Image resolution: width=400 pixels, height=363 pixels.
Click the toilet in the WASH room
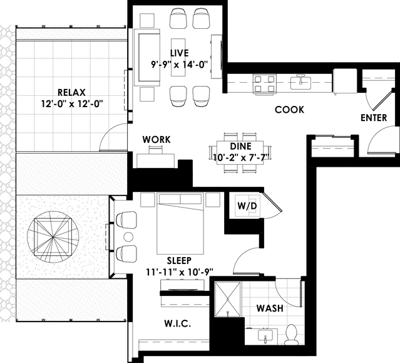(291, 334)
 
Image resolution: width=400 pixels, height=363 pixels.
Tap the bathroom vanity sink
(265, 335)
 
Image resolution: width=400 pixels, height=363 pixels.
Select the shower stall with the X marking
(228, 299)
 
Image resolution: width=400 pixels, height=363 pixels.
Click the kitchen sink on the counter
(301, 82)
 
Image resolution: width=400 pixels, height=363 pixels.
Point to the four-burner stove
(265, 84)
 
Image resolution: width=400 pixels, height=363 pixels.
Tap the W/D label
(247, 206)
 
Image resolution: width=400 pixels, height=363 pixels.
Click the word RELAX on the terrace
(71, 92)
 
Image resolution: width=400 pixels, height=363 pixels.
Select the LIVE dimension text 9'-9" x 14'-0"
(180, 65)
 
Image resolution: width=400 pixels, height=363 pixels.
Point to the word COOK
(289, 110)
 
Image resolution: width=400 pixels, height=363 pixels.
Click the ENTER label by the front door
(374, 117)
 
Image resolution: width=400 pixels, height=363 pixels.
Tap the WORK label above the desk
(156, 139)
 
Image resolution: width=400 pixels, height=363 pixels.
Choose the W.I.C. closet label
(178, 324)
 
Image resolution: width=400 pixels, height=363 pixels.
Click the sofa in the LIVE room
(147, 58)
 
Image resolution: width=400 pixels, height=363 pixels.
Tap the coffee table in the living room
(178, 57)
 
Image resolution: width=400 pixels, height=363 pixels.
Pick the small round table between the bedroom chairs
(128, 237)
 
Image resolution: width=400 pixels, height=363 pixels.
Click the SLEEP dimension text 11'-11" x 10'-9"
(180, 272)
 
